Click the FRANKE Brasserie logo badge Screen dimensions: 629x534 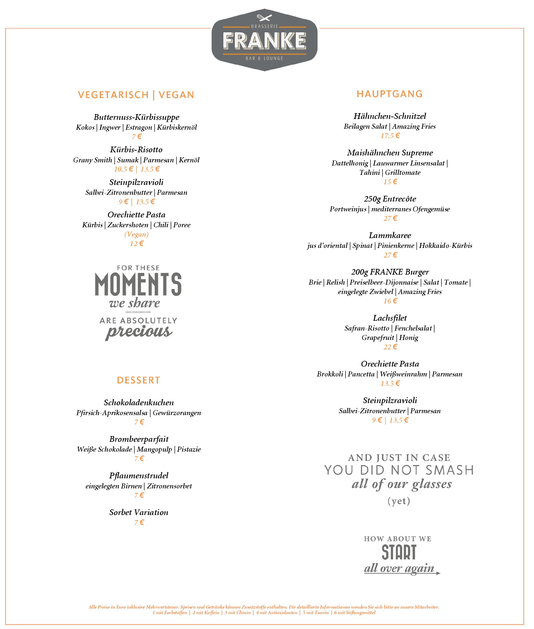tap(264, 40)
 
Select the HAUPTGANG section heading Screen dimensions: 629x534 tap(390, 94)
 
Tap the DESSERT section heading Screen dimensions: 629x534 tap(138, 380)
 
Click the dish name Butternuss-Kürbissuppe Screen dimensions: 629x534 tap(137, 117)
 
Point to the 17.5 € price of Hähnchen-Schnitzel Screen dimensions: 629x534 tap(390, 136)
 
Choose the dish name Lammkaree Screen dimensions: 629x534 tap(390, 235)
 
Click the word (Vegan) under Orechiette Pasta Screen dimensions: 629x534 tap(137, 234)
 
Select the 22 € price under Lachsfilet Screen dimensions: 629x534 tap(390, 347)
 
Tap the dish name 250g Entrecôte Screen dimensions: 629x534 tap(390, 199)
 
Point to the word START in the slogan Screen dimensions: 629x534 tap(399, 552)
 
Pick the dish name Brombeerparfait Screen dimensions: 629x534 tap(139, 439)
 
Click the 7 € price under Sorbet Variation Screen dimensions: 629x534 tap(139, 523)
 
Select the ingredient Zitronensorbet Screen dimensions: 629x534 tap(170, 486)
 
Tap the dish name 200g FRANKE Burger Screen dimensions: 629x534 tap(390, 272)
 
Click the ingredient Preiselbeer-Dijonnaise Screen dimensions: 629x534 tap(384, 282)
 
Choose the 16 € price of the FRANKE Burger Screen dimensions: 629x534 tap(390, 301)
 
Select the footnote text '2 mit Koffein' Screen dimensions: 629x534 tap(206, 612)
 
